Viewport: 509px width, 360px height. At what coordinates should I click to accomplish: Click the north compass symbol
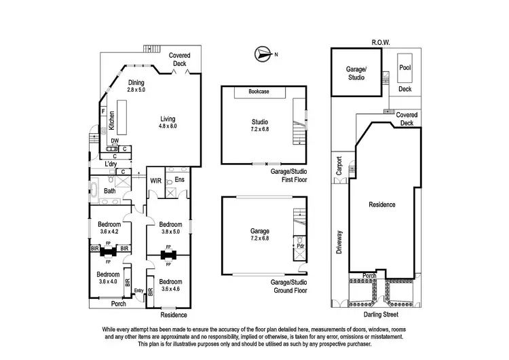(261, 54)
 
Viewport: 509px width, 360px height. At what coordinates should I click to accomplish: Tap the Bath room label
(109, 191)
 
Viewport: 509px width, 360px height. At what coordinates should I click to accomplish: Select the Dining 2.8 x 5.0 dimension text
(136, 86)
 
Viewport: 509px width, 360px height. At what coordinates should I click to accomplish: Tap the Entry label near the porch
(139, 291)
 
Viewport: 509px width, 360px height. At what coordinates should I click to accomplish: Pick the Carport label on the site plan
(338, 166)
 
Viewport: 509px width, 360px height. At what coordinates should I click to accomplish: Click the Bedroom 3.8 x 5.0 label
(170, 228)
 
